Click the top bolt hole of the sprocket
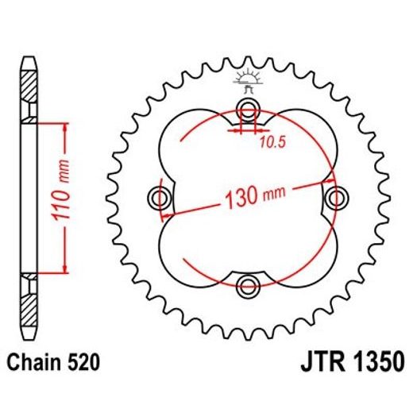(x=248, y=109)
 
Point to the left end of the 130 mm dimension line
(x=164, y=216)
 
